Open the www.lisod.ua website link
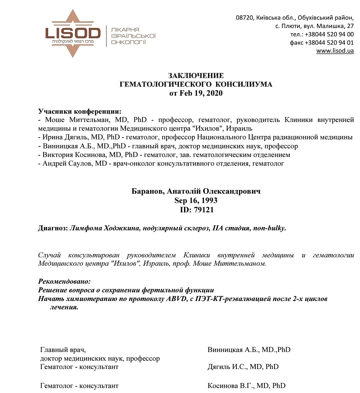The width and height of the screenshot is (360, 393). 335,51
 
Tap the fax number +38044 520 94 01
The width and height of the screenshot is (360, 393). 329,43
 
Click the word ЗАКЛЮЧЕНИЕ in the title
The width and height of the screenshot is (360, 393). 196,76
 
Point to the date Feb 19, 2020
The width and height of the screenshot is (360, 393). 201,93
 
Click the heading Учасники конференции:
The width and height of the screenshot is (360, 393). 80,111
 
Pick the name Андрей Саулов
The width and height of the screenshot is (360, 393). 68,163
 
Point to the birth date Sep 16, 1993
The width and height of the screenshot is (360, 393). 196,201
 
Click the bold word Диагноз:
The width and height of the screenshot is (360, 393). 53,229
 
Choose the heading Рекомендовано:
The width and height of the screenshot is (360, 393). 64,281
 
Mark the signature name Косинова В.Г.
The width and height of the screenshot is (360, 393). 228,386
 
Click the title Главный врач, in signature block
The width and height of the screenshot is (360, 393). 63,350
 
